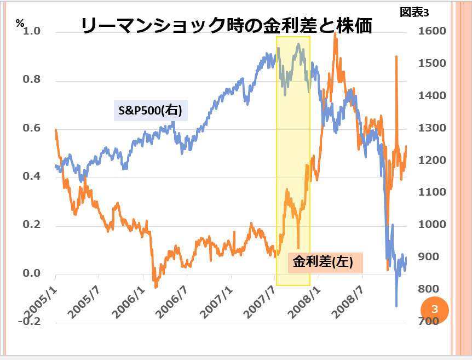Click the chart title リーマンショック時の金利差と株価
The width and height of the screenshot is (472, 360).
pos(227,25)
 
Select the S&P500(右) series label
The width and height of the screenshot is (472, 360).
pos(150,110)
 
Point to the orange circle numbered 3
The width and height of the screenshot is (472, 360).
pos(435,309)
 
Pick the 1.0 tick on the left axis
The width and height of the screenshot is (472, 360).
pos(32,32)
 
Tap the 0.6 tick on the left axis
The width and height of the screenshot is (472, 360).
pos(32,128)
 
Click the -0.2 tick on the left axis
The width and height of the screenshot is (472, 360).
pos(29,321)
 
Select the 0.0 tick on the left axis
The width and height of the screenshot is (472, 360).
pos(32,273)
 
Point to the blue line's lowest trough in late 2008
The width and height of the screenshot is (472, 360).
pos(396,306)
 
